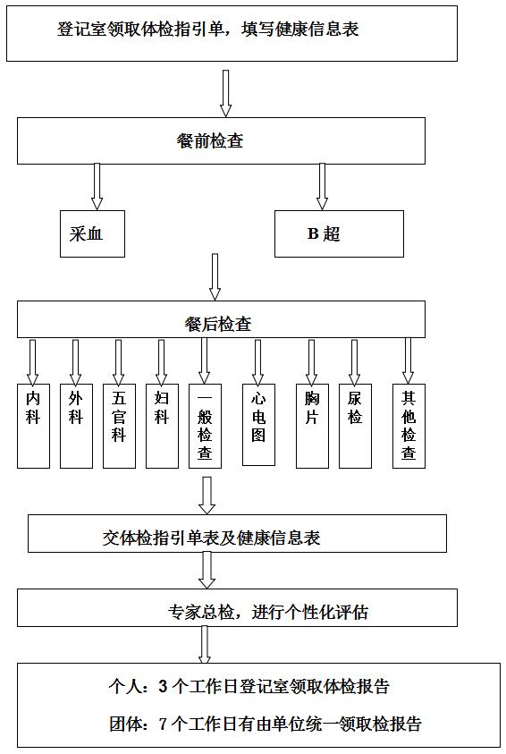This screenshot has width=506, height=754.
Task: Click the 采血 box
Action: click(x=92, y=233)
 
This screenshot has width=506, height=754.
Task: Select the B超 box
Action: click(x=339, y=233)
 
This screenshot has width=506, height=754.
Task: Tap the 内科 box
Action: click(x=33, y=426)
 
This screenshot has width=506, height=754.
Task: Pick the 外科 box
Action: click(x=76, y=426)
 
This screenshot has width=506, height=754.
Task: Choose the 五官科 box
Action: click(x=119, y=426)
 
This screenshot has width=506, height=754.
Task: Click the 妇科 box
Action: click(x=162, y=426)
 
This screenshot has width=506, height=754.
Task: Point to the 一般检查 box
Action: click(x=206, y=426)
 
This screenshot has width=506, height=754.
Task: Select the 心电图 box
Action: click(x=258, y=425)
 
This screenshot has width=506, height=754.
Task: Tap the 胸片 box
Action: click(x=312, y=426)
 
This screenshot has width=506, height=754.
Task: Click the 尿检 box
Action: click(x=355, y=426)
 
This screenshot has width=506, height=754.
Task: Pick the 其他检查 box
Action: click(x=409, y=426)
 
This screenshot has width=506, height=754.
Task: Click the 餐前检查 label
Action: click(x=210, y=140)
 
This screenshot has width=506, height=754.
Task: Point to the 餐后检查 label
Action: click(x=217, y=324)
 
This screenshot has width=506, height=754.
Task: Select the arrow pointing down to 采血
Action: click(x=97, y=187)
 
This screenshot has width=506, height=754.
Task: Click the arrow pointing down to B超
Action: click(x=322, y=187)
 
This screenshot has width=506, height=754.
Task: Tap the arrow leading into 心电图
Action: click(x=258, y=362)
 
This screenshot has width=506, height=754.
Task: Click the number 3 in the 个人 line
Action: click(x=163, y=686)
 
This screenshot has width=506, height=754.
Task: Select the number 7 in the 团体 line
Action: click(x=163, y=724)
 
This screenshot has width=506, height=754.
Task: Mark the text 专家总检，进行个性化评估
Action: click(x=268, y=612)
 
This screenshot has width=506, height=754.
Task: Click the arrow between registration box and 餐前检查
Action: click(x=225, y=93)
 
